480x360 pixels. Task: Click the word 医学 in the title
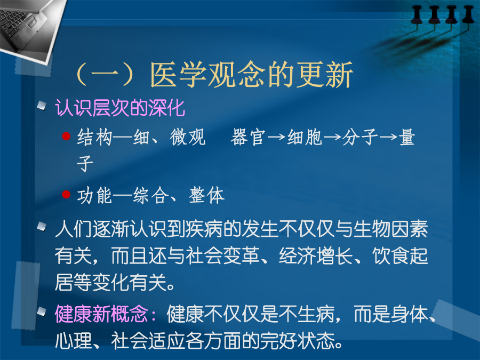tap(178, 75)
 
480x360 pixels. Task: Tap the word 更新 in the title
tap(325, 75)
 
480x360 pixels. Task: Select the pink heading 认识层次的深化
tap(120, 108)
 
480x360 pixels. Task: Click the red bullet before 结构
tap(66, 136)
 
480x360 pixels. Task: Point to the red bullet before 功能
tap(66, 194)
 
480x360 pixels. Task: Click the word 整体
tap(206, 195)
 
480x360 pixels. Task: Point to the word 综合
tap(150, 195)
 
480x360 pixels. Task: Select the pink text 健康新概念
tap(101, 314)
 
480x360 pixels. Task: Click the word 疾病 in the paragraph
tap(204, 229)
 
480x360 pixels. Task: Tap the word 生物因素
tap(390, 229)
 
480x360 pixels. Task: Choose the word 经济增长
tap(316, 255)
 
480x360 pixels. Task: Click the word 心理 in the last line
tap(74, 341)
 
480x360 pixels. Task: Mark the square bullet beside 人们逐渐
tap(41, 227)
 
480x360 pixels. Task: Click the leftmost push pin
tap(417, 15)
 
